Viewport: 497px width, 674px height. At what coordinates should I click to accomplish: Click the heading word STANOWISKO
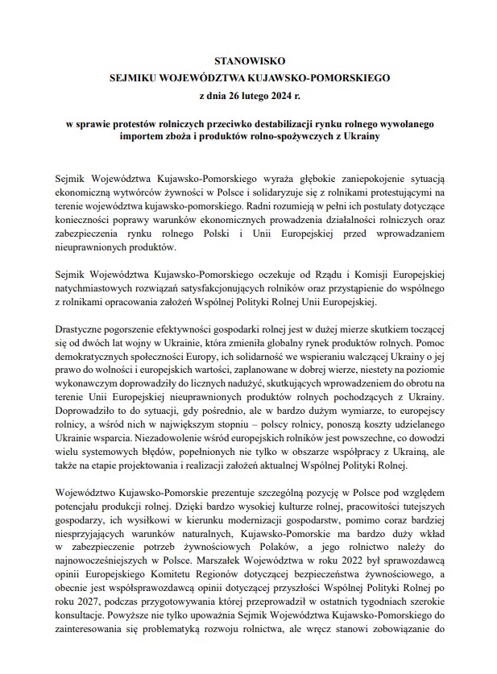click(248, 61)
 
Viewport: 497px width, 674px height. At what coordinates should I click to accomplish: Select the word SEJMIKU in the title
click(135, 79)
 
